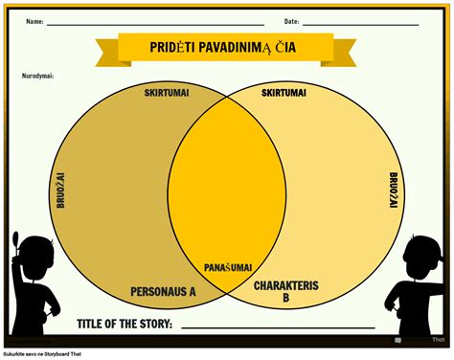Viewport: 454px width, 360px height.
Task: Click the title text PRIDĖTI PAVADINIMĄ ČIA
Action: (226, 48)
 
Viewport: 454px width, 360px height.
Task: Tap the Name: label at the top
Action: (34, 21)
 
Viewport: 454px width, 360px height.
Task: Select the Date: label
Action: (291, 21)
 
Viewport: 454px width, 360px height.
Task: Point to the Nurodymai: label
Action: (37, 75)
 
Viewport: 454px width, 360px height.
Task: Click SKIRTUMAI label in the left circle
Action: (166, 92)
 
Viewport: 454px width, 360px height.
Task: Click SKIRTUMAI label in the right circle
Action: (284, 92)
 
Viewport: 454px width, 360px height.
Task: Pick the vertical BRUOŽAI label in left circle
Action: (60, 191)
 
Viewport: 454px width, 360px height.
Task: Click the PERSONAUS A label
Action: (163, 291)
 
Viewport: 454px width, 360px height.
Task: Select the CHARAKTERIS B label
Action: (284, 291)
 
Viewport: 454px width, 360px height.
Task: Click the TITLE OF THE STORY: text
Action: (124, 324)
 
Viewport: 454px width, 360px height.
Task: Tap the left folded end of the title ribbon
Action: (105, 55)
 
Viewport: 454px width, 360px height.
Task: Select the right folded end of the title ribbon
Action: (347, 55)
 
